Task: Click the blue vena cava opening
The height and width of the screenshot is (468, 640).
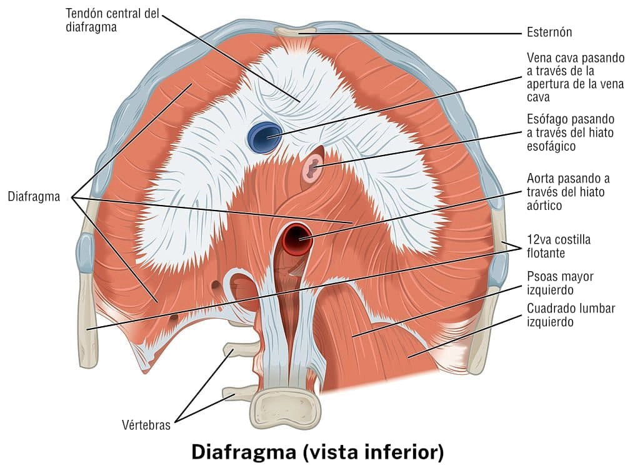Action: [x=264, y=137]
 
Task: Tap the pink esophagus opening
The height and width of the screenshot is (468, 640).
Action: [x=312, y=167]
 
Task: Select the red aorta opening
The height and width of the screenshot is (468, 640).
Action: [x=297, y=238]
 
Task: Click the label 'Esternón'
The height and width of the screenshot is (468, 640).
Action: [x=549, y=32]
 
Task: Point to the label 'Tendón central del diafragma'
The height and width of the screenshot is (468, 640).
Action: [x=112, y=21]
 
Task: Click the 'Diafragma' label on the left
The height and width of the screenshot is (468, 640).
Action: [x=34, y=197]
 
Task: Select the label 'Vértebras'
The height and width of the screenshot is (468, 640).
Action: [x=146, y=426]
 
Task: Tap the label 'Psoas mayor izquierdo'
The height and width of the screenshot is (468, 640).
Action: [x=560, y=283]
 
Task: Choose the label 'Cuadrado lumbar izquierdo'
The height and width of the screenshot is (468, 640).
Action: [x=571, y=316]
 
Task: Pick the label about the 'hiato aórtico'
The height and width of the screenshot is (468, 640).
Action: [x=566, y=192]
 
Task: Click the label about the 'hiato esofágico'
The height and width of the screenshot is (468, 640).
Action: [x=571, y=132]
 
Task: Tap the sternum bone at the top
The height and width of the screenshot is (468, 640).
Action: [x=298, y=31]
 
